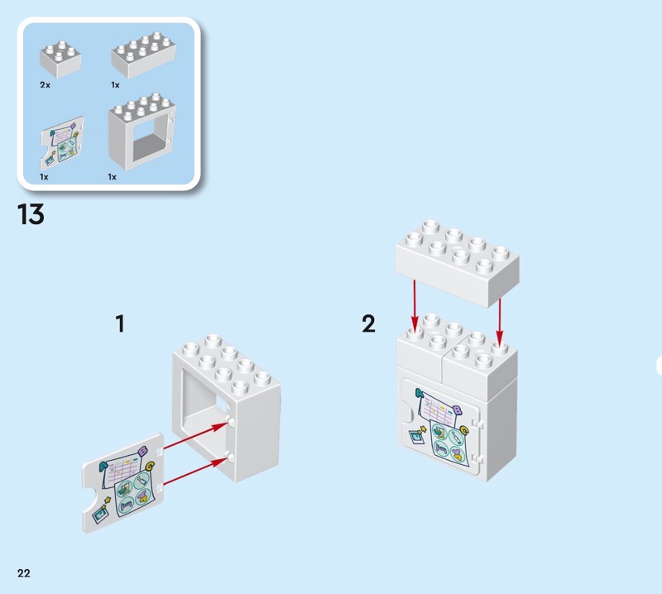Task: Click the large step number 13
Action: pyautogui.click(x=30, y=215)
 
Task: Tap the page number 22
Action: pyautogui.click(x=23, y=573)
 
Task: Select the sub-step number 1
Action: pyautogui.click(x=120, y=323)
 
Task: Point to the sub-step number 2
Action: pyautogui.click(x=368, y=323)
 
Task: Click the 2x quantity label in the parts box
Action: pyautogui.click(x=45, y=85)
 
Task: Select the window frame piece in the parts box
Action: pyautogui.click(x=141, y=132)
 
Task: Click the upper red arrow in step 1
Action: pyautogui.click(x=194, y=436)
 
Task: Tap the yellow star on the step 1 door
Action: pyautogui.click(x=108, y=501)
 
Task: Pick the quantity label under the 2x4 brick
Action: pyautogui.click(x=116, y=85)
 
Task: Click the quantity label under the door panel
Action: pyautogui.click(x=45, y=177)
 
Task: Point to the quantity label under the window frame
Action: pyautogui.click(x=113, y=177)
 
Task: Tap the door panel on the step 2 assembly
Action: pyautogui.click(x=439, y=430)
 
